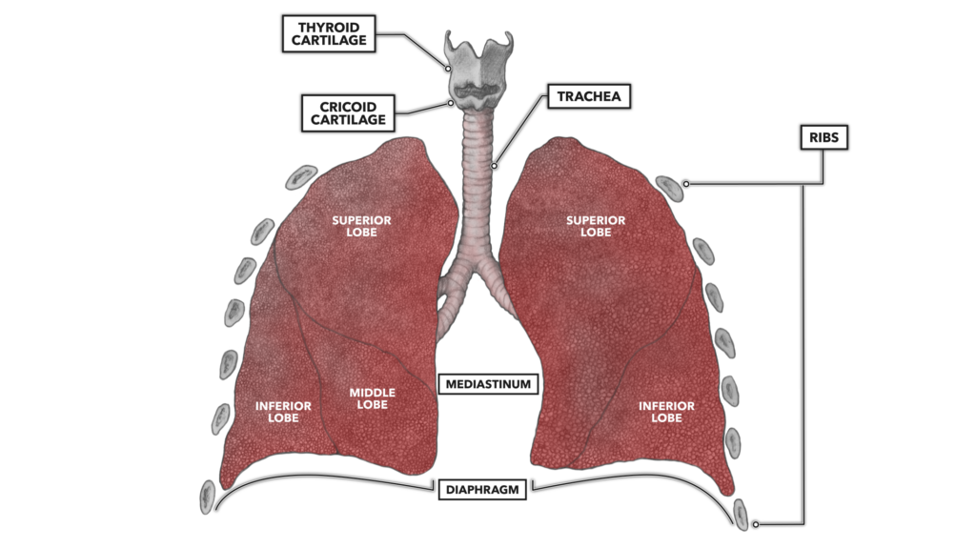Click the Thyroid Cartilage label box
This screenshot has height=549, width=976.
[324, 33]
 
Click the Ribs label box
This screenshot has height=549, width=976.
[823, 138]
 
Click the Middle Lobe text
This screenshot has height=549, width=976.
[372, 398]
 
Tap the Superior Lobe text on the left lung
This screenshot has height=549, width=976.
[361, 226]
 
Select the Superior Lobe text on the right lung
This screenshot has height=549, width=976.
[596, 226]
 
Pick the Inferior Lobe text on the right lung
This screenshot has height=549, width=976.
[666, 412]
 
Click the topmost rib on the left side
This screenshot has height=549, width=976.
[303, 176]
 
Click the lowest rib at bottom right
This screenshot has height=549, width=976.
[742, 514]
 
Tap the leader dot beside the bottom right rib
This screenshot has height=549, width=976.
[756, 523]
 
